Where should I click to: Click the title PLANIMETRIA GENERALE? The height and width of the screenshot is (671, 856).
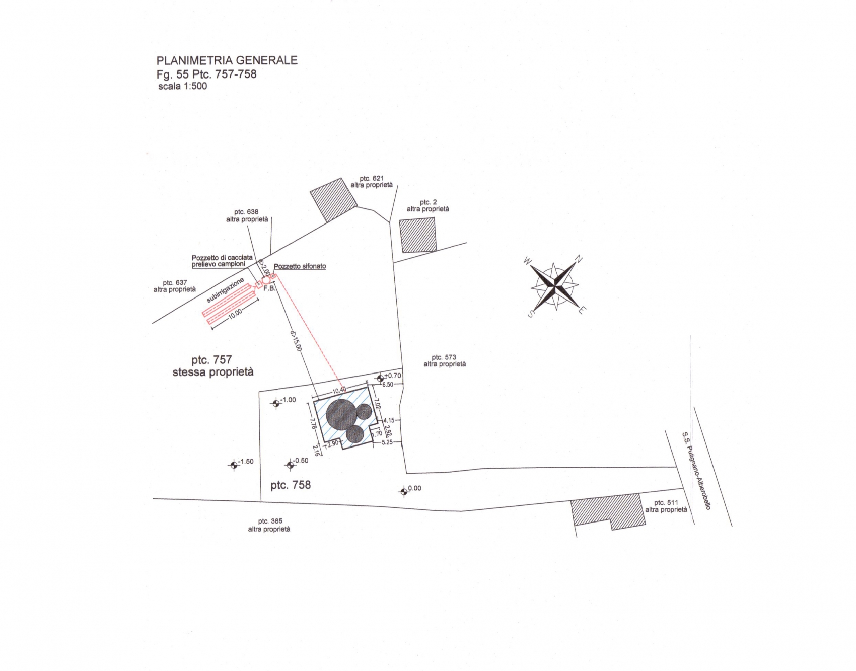coord(227,60)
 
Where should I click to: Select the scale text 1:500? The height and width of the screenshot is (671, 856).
coord(195,86)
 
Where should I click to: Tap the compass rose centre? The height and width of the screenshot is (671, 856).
coord(554,286)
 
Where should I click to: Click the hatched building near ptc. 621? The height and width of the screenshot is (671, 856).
coord(333,200)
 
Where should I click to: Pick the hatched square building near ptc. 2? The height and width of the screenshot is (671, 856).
coord(418,236)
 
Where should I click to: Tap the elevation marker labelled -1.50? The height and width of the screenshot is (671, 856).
coord(233,465)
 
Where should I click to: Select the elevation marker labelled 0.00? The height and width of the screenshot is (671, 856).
coord(404,491)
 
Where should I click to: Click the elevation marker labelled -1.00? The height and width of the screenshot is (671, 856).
coord(276,403)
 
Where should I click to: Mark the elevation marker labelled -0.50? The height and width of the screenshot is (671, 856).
coord(290,465)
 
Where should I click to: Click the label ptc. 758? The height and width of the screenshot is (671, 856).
coord(291,485)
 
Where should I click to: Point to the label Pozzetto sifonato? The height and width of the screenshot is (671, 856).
coord(300,266)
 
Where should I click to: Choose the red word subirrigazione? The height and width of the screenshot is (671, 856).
coord(225,290)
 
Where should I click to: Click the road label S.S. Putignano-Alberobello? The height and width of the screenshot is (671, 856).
coord(696,471)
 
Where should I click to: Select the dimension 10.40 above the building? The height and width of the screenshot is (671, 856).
coord(339,391)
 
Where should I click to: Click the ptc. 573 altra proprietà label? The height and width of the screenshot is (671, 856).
coord(445,361)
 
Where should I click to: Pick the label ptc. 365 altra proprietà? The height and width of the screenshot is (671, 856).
coord(269,525)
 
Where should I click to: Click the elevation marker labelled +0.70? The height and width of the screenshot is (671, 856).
coord(381,377)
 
